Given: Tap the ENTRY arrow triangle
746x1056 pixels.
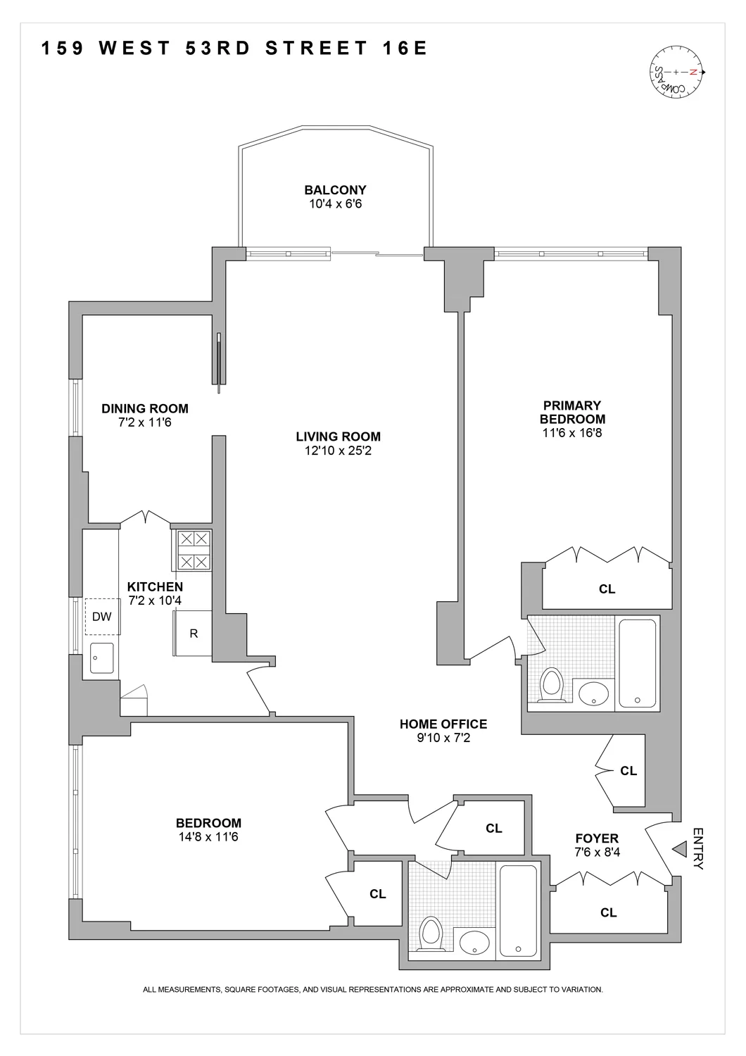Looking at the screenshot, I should (678, 850).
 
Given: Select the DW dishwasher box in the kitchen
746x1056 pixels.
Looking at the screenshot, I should (102, 617).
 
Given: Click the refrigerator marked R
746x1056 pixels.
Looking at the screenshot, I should (194, 634).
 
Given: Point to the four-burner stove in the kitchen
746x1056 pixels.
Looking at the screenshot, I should (192, 551).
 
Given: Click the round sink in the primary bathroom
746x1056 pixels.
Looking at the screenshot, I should (595, 693).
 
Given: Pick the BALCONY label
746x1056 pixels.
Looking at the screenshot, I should (335, 190).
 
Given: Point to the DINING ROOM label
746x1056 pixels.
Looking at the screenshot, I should (145, 408).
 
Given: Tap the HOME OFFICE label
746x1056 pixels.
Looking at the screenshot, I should (443, 724).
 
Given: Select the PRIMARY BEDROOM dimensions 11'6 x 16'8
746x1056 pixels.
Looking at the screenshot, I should (572, 433).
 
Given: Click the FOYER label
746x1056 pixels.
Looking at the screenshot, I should (597, 838).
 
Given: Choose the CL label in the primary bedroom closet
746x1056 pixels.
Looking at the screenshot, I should (607, 589).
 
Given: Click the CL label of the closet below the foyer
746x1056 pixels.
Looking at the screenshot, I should (608, 912).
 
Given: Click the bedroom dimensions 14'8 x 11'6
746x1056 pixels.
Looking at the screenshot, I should (208, 837).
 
